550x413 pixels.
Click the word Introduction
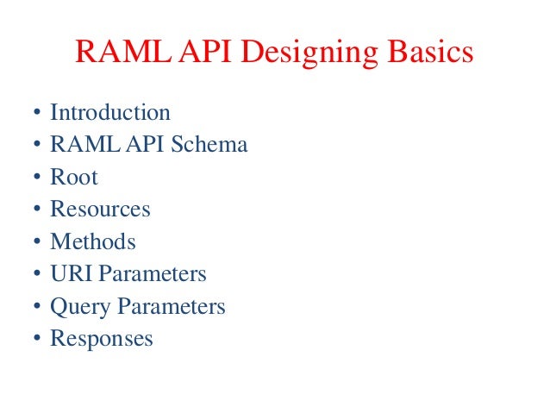coord(110,113)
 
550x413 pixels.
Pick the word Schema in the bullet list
coord(209,145)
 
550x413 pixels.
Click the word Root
coord(74,178)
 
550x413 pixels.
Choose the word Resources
coord(100,210)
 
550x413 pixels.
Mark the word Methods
coord(93,242)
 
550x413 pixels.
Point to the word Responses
coord(102,339)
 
